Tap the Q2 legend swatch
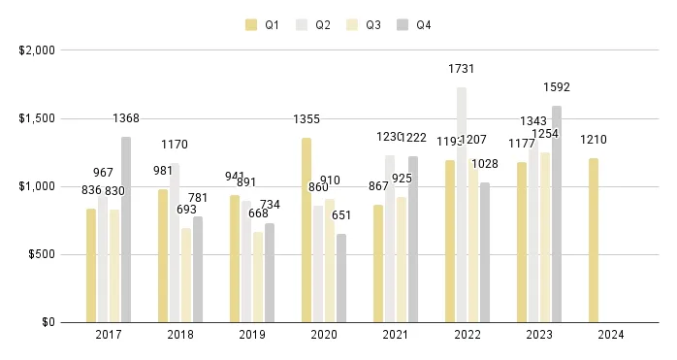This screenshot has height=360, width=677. coord(302,25)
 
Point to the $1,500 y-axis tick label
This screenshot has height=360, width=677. coord(37,118)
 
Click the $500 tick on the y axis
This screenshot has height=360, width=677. coord(41,254)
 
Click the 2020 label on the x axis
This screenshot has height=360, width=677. coord(323,335)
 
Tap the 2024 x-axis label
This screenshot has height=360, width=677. coord(610,335)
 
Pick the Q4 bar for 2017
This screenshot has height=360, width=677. coord(126,229)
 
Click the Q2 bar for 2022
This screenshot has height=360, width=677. coord(462,205)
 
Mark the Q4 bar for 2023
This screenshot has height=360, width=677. coord(557,213)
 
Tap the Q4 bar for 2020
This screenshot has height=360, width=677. coord(341,278)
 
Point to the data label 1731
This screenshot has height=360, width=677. coord(462,69)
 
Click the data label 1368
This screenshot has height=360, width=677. coord(125,118)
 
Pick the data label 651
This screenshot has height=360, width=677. coord(341,215)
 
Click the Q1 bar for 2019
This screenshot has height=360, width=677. coord(235,258)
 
